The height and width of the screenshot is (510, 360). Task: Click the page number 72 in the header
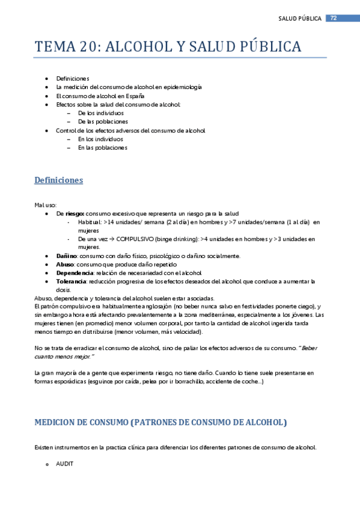tap(333, 18)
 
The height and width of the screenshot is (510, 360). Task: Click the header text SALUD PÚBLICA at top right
tap(300, 19)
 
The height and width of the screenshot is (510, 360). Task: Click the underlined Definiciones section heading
tap(59, 180)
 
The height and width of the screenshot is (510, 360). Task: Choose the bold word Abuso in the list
tap(64, 264)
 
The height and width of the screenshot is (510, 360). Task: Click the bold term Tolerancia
tap(71, 281)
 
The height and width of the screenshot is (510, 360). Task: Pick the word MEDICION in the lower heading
tap(56, 422)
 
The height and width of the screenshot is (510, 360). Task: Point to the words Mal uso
tap(45, 204)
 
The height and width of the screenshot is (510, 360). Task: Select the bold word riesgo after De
tap(75, 214)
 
